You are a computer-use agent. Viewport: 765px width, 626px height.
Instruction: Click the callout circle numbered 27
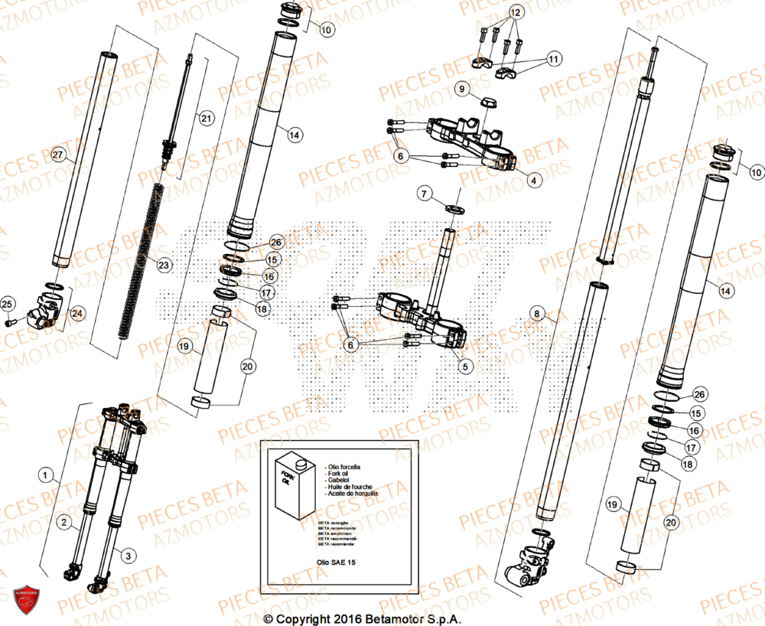coord(55,155)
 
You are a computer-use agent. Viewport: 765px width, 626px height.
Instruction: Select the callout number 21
coord(205,118)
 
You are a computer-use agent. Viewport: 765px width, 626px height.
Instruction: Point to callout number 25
coord(8,306)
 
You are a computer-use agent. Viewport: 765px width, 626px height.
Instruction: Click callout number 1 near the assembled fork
coord(47,476)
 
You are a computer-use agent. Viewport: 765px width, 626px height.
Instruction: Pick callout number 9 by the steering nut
coord(461,90)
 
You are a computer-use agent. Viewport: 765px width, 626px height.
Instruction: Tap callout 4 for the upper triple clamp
coord(533,181)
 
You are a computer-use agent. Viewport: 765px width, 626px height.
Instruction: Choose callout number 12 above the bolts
coord(514,13)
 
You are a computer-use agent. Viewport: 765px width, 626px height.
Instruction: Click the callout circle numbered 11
coord(552,57)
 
